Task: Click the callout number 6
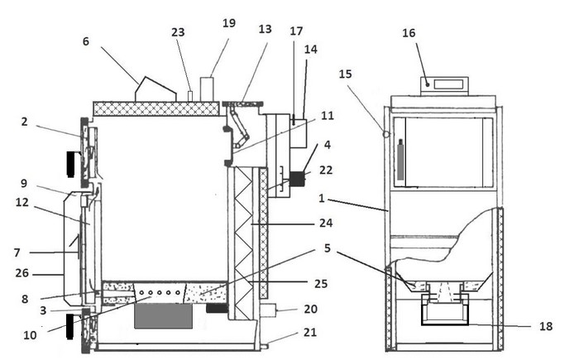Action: coord(86,41)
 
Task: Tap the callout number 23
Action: coord(178,32)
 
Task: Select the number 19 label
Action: coord(229,23)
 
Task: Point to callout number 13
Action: coord(266,29)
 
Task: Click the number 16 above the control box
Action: coord(409,33)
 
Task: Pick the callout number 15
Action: coord(345,74)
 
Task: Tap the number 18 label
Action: coord(546,326)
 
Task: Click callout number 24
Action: coord(326,223)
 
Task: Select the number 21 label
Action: coord(310,333)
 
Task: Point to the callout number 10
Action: coord(31,335)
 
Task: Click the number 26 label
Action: coord(22,273)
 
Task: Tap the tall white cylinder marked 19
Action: coord(207,89)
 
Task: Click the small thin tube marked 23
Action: coord(190,96)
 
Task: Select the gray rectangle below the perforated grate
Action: coord(163,315)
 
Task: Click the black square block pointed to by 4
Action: coord(297,179)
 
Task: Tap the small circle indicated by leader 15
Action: coord(386,134)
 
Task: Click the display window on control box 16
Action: coord(448,84)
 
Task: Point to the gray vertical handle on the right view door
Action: coord(400,160)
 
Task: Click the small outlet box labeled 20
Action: coord(268,310)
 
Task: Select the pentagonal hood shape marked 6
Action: coord(156,89)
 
